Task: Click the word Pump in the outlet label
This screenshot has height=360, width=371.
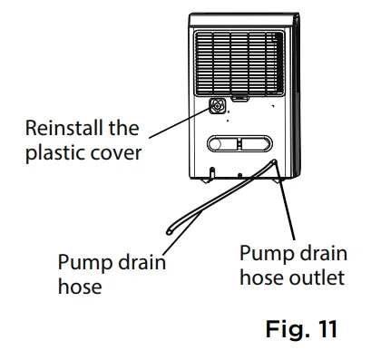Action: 263,252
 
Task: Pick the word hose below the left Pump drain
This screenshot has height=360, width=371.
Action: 77,287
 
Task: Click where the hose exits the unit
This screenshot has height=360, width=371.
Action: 272,162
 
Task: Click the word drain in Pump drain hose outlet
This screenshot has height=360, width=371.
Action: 318,252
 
